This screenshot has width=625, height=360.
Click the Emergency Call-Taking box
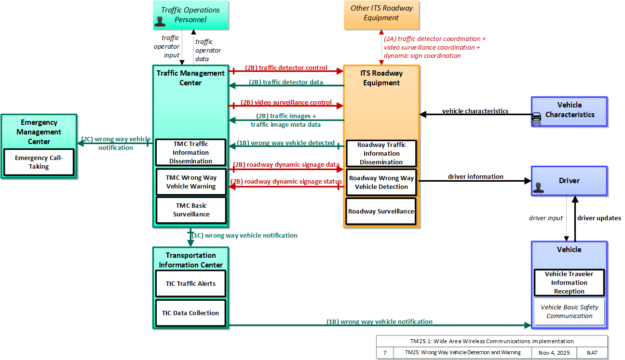click(x=39, y=162)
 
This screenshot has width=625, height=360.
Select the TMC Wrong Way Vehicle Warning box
click(x=191, y=182)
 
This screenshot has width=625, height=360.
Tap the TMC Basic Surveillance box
click(x=191, y=210)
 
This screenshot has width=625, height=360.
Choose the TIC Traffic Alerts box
click(x=190, y=283)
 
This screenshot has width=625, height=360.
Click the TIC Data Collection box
click(x=190, y=313)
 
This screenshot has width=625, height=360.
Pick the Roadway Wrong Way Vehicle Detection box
click(x=381, y=182)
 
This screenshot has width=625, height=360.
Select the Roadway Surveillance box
click(x=381, y=211)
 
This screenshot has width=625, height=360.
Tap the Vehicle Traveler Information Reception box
click(x=569, y=282)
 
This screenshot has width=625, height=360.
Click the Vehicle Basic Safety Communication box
click(x=570, y=312)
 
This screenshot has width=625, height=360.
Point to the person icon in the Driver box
click(x=538, y=187)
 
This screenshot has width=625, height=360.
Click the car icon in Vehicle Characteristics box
click(x=537, y=119)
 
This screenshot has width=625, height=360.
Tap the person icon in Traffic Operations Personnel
click(x=160, y=22)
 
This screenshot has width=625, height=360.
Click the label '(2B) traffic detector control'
click(x=286, y=67)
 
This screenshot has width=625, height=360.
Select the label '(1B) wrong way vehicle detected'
click(x=285, y=143)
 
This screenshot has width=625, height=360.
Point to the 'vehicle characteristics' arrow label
click(x=475, y=111)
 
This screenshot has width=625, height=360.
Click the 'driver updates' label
click(x=599, y=218)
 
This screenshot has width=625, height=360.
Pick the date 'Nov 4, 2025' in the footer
click(x=554, y=353)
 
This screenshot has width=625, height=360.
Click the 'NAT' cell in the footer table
click(x=592, y=353)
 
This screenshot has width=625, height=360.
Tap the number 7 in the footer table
click(x=385, y=353)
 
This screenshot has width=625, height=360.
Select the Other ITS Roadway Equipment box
click(x=381, y=15)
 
